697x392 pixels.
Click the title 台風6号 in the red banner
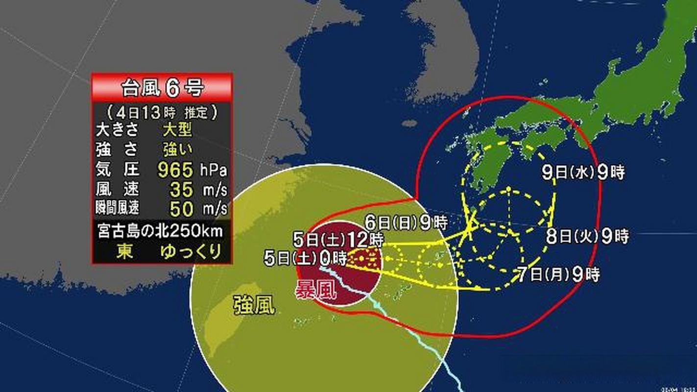coord(162,88)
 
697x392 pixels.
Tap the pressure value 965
coord(175,171)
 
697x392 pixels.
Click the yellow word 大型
coord(177,131)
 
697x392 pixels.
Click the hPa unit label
coord(213,171)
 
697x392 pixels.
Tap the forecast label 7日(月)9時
coord(558,274)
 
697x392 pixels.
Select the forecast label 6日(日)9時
coord(406,223)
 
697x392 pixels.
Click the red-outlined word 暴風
coord(315,291)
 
